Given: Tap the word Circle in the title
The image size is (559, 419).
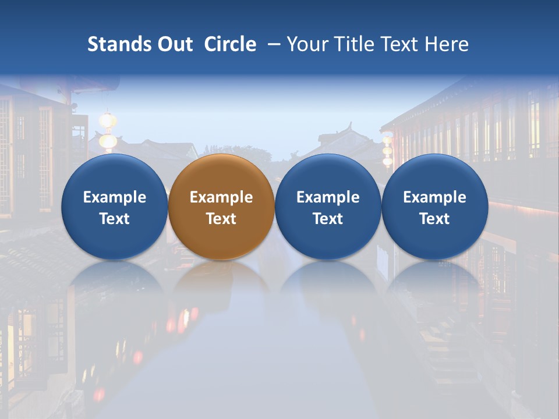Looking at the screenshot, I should (230, 44).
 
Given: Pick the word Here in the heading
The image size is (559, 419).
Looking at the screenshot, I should (447, 44).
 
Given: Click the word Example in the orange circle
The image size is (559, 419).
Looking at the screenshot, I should (221, 197).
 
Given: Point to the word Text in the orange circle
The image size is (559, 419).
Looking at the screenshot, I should (221, 219).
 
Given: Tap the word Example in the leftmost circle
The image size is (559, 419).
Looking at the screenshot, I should (115, 197).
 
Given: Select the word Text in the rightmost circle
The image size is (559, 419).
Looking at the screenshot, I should (434, 219).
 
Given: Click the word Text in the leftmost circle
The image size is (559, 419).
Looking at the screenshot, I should (115, 219).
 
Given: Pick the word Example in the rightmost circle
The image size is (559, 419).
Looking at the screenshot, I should (434, 197).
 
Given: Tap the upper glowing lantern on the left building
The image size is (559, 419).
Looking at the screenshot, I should (108, 120).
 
